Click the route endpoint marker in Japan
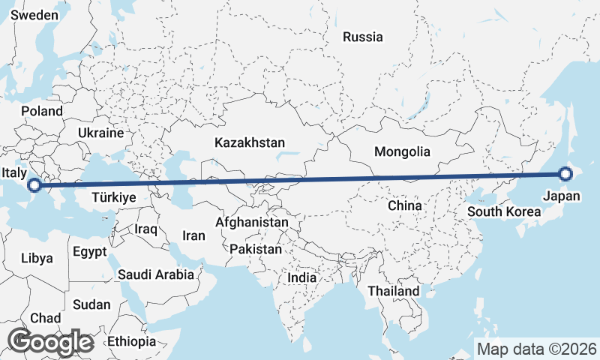point(565,175)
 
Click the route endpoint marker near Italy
point(35,185)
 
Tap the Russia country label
point(362,37)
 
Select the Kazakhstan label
point(249,142)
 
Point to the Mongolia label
point(403,151)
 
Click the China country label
point(406,205)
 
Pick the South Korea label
point(504,211)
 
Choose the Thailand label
point(394,290)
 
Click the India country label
point(302,277)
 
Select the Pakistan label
point(256,249)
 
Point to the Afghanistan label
point(252,223)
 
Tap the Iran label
point(193,235)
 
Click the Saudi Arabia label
point(155,274)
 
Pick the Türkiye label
point(112,198)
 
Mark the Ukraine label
point(100,133)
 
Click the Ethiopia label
point(131,341)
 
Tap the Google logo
point(50,342)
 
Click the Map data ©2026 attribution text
point(536,349)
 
